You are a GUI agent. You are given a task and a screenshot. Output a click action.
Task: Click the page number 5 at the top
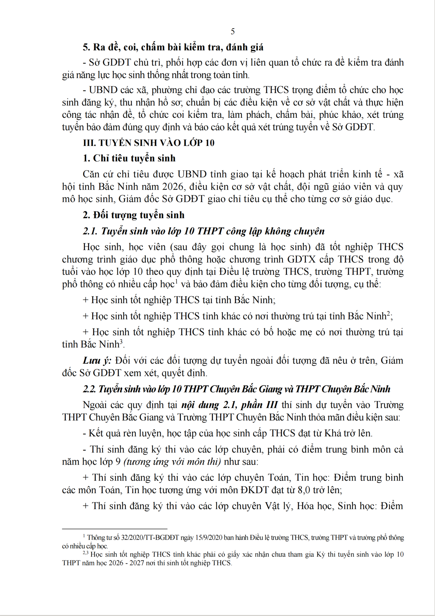coord(233,31)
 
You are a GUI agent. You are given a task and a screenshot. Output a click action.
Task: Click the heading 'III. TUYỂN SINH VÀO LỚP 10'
coord(148,143)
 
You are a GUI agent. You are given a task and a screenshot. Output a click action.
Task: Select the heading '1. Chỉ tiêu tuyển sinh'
coord(129,158)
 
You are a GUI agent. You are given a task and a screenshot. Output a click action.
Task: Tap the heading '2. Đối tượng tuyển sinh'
coord(134,215)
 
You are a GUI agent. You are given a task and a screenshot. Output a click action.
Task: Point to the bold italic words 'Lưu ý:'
coord(97,360)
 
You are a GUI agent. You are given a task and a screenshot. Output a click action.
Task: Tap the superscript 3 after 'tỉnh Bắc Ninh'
coord(121,342)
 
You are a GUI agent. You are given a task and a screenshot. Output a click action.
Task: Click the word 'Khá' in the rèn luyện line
coord(333,433)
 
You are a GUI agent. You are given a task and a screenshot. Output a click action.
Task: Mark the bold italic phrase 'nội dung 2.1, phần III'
coord(229,405)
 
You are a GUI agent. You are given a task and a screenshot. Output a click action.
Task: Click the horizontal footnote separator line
coord(114,528)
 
